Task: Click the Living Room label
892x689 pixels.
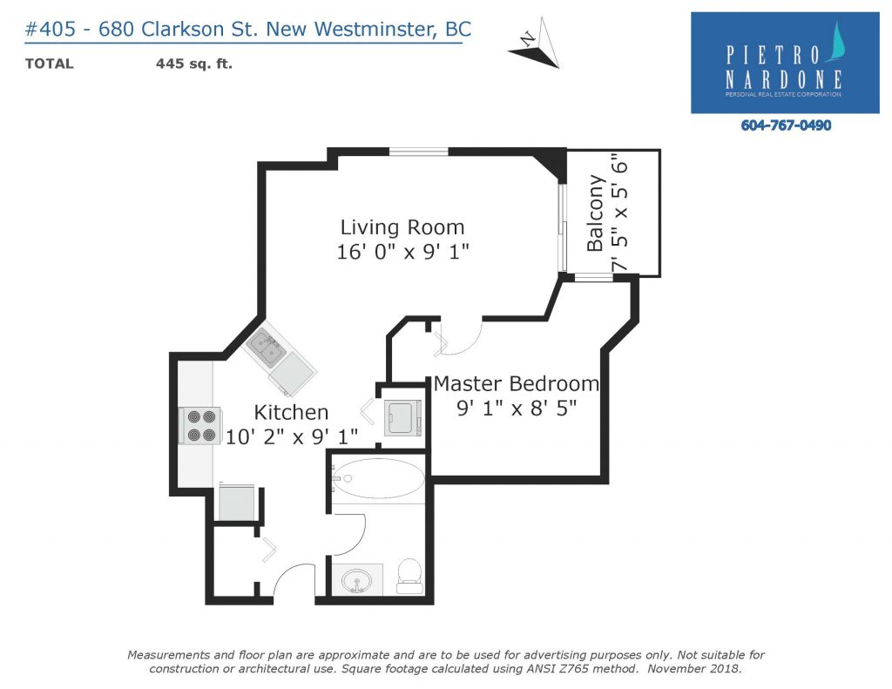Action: click(x=402, y=227)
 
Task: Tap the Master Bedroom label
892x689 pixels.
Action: click(x=517, y=384)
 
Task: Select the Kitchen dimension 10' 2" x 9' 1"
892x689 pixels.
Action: click(x=292, y=437)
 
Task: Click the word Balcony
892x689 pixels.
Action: click(x=595, y=213)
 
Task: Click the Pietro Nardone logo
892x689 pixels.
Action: click(x=785, y=63)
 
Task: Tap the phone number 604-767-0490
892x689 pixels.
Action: click(x=786, y=125)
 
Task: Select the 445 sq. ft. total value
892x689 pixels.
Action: click(x=194, y=64)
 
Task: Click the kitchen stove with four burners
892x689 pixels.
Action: click(x=200, y=426)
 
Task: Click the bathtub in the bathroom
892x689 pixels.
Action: click(x=378, y=478)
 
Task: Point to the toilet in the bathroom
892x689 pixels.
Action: click(x=409, y=576)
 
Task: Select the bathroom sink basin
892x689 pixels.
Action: click(x=356, y=581)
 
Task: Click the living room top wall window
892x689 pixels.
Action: click(x=419, y=152)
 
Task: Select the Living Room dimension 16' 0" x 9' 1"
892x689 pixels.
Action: click(x=402, y=252)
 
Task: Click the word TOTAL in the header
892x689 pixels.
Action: click(x=50, y=64)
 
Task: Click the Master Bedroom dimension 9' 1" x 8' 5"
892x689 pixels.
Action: click(x=517, y=408)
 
